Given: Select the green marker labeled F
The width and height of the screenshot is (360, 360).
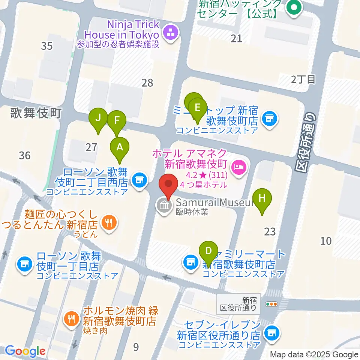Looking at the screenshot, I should tap(117, 120).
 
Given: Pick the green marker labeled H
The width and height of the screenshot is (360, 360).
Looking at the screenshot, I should tap(262, 198).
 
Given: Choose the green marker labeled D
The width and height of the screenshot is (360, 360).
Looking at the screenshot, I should tap(209, 250).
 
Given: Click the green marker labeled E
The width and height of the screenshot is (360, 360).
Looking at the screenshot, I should tap(197, 108).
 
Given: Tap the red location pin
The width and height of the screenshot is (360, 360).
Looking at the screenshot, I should tap(168, 185).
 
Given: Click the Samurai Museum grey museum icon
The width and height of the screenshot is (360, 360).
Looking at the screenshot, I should tap(164, 205).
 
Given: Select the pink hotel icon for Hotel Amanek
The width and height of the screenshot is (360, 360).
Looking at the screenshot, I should tap(238, 165).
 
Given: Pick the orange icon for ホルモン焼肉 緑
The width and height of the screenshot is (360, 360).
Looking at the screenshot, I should tap(70, 319).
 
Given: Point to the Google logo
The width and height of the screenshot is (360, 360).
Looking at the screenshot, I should tap(25, 351).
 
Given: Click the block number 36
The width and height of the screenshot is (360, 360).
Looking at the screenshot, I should tap(25, 155).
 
